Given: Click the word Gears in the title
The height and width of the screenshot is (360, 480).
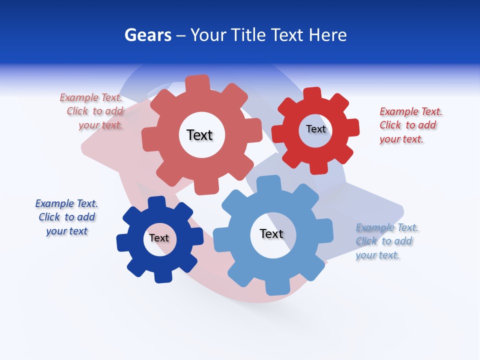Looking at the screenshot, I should (x=148, y=35).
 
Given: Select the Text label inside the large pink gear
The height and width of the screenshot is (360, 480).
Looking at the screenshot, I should (x=199, y=135).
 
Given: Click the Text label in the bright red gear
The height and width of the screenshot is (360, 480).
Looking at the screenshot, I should (x=315, y=129).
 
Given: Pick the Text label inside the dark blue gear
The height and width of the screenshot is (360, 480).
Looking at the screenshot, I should (x=159, y=238).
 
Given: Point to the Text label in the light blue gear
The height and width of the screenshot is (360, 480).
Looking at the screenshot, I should (x=271, y=233).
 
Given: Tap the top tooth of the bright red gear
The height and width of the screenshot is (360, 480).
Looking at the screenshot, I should (x=312, y=94).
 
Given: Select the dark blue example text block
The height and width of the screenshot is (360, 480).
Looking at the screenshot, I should (x=66, y=217).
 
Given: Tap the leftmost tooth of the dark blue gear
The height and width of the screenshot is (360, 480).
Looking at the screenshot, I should (x=123, y=243).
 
